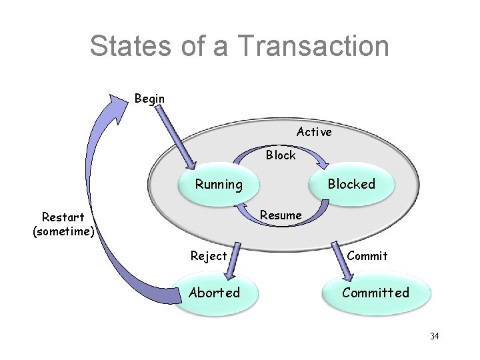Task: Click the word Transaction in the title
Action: pyautogui.click(x=311, y=46)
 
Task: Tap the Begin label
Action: pyautogui.click(x=149, y=99)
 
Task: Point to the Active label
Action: pyautogui.click(x=314, y=132)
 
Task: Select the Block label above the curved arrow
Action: pyautogui.click(x=281, y=155)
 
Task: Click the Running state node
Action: pyautogui.click(x=219, y=184)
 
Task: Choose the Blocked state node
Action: pyautogui.click(x=351, y=184)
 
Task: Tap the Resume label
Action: pyautogui.click(x=281, y=215)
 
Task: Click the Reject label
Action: pyautogui.click(x=209, y=255)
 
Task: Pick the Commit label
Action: pyautogui.click(x=367, y=255)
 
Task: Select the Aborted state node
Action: pyautogui.click(x=215, y=292)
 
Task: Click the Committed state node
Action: pyautogui.click(x=375, y=292)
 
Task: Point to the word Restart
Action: pyautogui.click(x=63, y=217)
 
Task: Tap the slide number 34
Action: pyautogui.click(x=434, y=336)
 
